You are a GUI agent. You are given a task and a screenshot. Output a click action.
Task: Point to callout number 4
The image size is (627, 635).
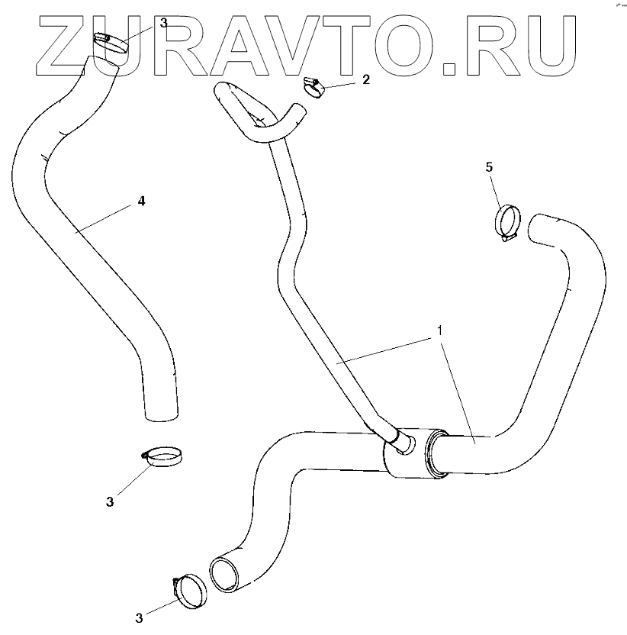pos(140,201)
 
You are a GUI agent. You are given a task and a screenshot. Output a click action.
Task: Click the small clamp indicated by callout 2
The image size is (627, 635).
pos(313,87)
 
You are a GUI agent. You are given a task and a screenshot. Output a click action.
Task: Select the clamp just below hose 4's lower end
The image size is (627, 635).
pos(164,457)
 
